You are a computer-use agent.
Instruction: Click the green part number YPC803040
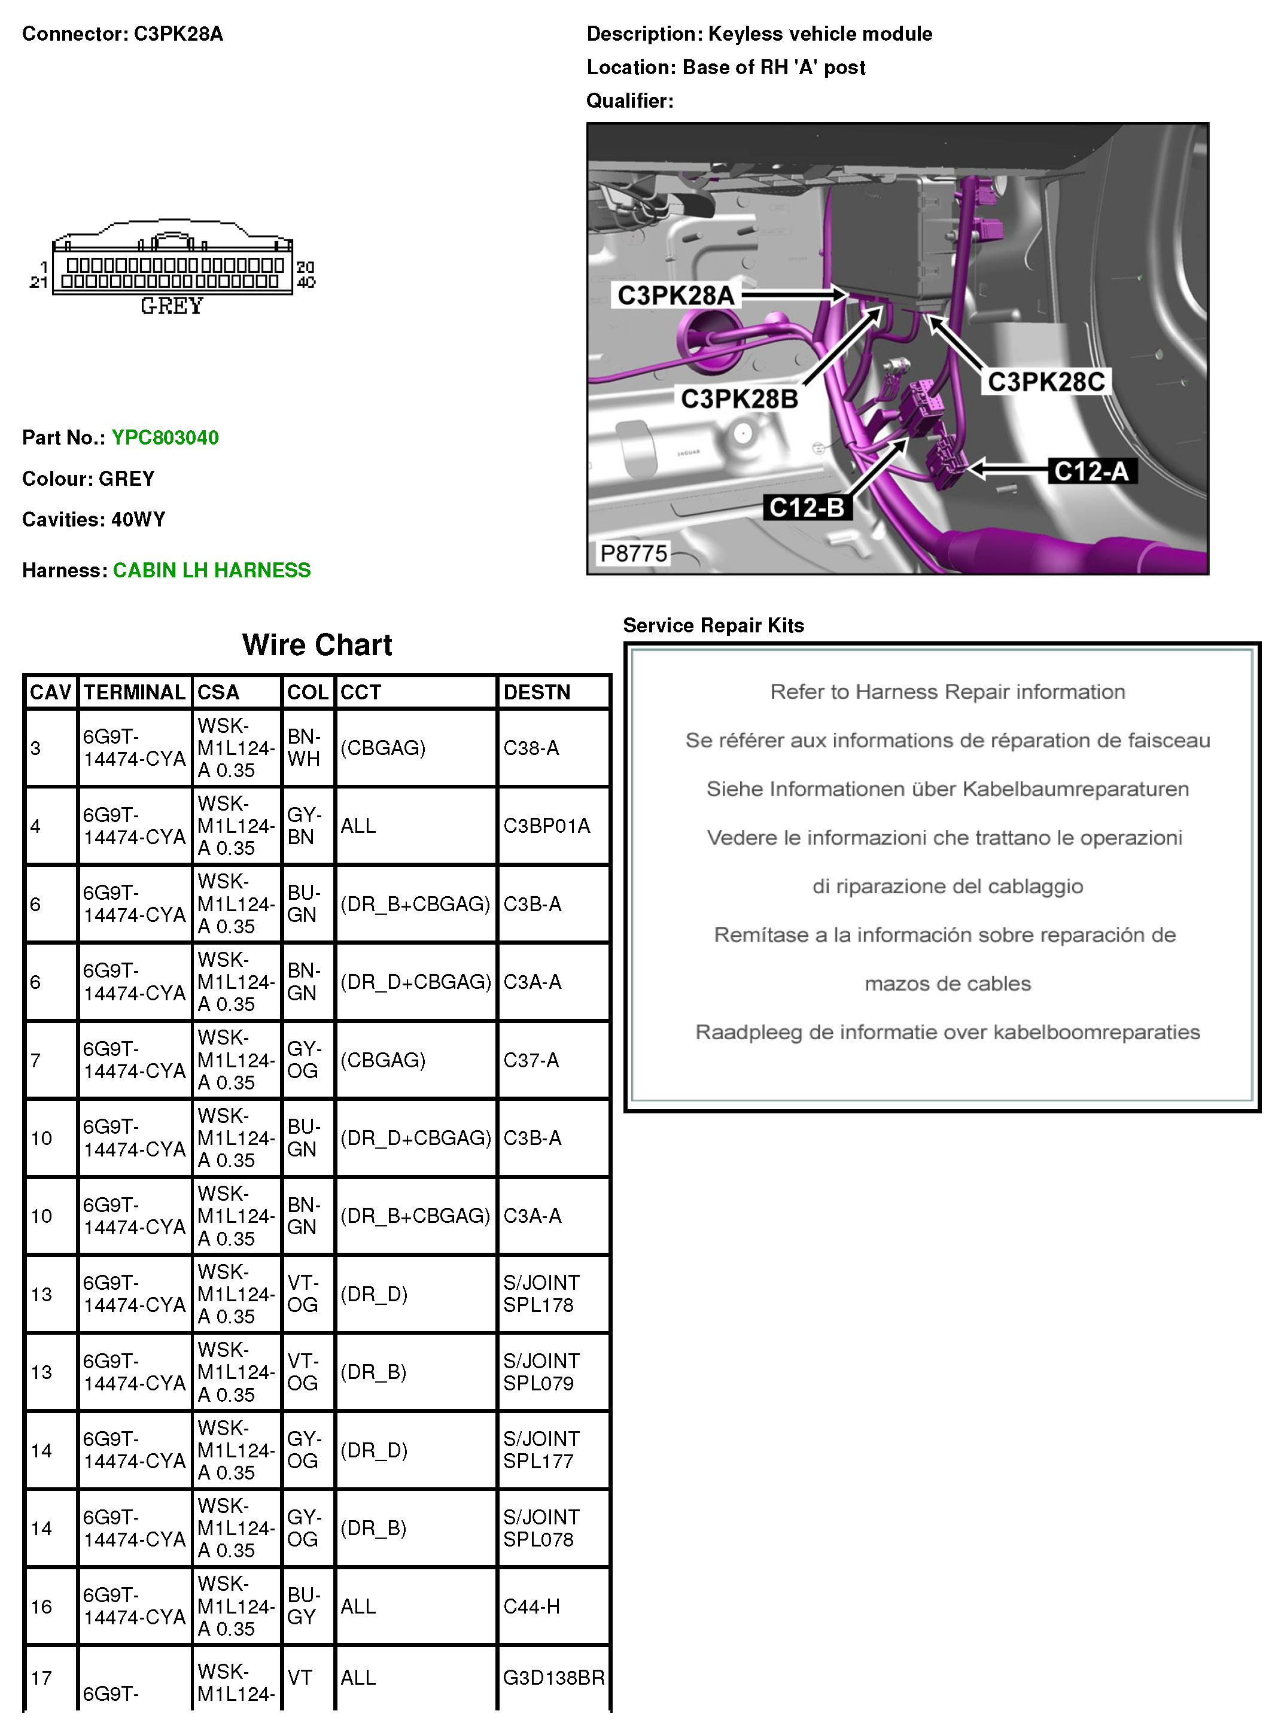pyautogui.click(x=165, y=438)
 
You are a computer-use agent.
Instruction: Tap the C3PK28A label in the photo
pyautogui.click(x=675, y=296)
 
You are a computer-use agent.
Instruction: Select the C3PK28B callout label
pyautogui.click(x=739, y=399)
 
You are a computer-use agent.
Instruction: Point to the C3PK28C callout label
pyautogui.click(x=1046, y=382)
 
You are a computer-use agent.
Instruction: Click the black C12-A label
pyautogui.click(x=1091, y=471)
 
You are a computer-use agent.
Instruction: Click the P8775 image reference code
pyautogui.click(x=634, y=554)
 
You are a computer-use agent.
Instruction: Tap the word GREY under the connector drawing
pyautogui.click(x=172, y=307)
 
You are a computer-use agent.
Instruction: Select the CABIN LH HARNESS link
pyautogui.click(x=211, y=571)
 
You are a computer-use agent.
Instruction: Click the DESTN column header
pyautogui.click(x=537, y=692)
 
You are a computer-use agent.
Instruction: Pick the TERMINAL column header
pyautogui.click(x=135, y=692)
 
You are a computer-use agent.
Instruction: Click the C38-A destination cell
pyautogui.click(x=531, y=748)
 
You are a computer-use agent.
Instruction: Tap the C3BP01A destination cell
pyautogui.click(x=546, y=827)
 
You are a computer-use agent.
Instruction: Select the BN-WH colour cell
pyautogui.click(x=304, y=748)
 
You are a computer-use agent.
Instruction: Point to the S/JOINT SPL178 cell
pyautogui.click(x=541, y=1294)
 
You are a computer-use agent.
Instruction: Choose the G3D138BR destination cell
pyautogui.click(x=553, y=1678)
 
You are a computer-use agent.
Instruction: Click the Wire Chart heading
pyautogui.click(x=317, y=645)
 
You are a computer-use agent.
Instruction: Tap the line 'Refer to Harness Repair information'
pyautogui.click(x=947, y=692)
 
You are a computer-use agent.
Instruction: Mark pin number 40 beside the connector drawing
pyautogui.click(x=306, y=282)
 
